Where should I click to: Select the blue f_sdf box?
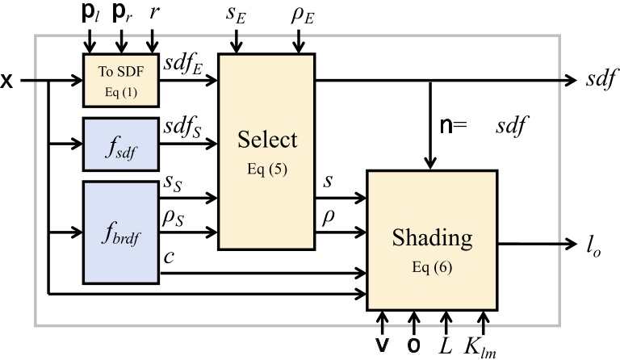tap(121, 144)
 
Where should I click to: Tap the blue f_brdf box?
tap(121, 234)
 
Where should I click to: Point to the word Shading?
tap(433, 237)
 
